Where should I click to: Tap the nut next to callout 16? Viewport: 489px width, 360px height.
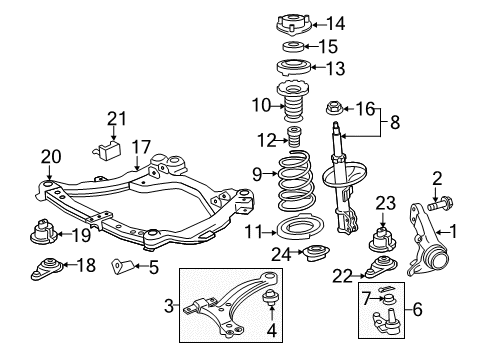335,108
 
